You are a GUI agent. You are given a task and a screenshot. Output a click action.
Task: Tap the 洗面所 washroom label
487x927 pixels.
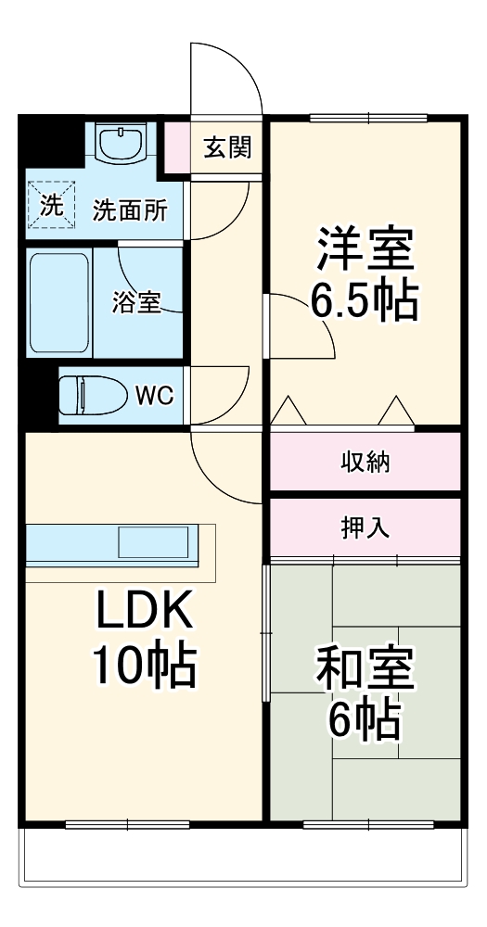[131, 210]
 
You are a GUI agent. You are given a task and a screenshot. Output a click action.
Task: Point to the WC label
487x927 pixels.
[154, 396]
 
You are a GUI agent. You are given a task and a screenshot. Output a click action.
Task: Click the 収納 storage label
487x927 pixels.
[365, 462]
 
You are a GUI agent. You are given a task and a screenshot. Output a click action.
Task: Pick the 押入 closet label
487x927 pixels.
[365, 527]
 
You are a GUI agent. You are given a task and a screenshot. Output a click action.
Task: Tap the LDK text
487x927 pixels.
[144, 612]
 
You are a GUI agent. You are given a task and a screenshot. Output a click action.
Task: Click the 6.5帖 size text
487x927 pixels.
[364, 301]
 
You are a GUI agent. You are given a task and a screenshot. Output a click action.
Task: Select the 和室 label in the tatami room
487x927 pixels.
[365, 667]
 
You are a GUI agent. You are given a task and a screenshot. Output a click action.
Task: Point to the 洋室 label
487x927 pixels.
[365, 246]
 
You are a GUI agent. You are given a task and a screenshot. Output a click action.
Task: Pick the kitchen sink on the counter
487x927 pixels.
[153, 542]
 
